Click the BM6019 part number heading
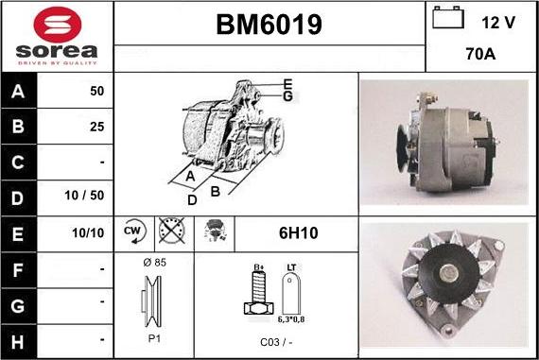click(269, 26)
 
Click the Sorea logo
click(57, 36)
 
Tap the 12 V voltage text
click(496, 21)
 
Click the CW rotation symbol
click(131, 231)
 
